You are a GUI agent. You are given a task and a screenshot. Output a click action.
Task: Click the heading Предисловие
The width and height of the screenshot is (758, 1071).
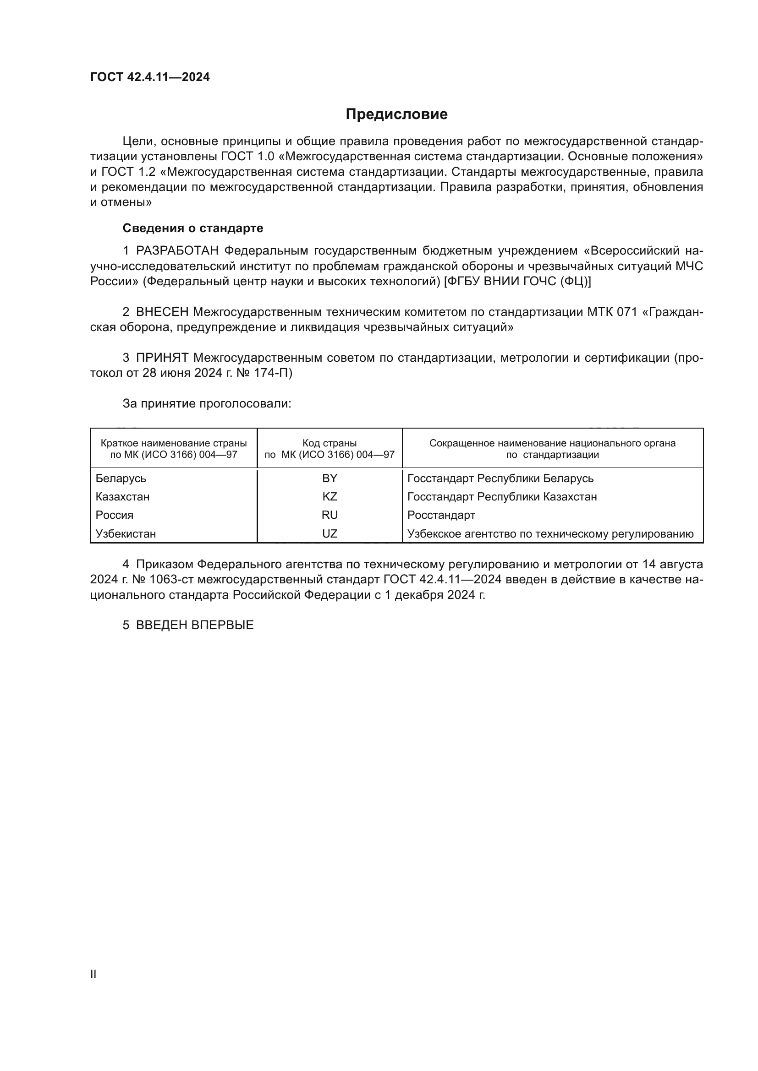coord(396,114)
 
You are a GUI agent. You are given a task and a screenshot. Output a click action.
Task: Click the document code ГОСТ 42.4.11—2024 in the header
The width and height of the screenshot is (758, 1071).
coord(150,77)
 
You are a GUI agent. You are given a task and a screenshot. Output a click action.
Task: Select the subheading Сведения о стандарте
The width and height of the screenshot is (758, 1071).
coord(193,228)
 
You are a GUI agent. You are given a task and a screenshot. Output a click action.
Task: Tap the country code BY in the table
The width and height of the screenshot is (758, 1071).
coord(330,478)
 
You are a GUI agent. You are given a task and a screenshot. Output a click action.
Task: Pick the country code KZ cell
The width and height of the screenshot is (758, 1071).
coord(330,496)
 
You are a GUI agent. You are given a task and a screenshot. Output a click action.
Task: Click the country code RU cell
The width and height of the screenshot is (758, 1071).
coord(330,515)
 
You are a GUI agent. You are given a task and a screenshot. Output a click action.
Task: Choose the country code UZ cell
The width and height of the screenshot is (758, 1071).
coord(330,533)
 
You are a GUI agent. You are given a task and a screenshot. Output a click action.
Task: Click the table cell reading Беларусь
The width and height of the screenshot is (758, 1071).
coord(121,478)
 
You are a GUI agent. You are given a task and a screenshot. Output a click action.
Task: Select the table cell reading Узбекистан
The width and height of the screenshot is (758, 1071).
coord(126,533)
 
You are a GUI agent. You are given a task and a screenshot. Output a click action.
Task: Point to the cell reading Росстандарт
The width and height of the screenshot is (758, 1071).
coord(441,515)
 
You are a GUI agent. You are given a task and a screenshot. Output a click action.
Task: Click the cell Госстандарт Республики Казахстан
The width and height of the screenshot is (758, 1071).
coord(502,496)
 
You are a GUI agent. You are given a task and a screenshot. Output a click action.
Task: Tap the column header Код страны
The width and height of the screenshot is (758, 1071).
coord(330,443)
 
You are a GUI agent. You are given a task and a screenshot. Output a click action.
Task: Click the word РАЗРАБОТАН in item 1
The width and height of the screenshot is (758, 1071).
coord(177,251)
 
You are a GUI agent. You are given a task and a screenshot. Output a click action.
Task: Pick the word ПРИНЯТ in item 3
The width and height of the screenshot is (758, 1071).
coord(162,358)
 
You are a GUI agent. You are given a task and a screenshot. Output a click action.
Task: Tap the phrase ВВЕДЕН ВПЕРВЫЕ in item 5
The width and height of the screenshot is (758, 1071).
coord(195,625)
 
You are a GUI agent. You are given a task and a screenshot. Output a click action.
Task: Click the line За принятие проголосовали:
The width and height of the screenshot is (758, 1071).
coord(207,403)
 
